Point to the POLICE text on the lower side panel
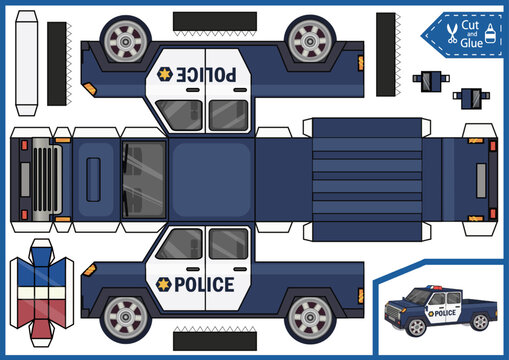pyautogui.click(x=204, y=284)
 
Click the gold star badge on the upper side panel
pyautogui.click(x=163, y=74)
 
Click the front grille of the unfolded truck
pyautogui.click(x=45, y=179)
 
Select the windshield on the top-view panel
pyautogui.click(x=144, y=179)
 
